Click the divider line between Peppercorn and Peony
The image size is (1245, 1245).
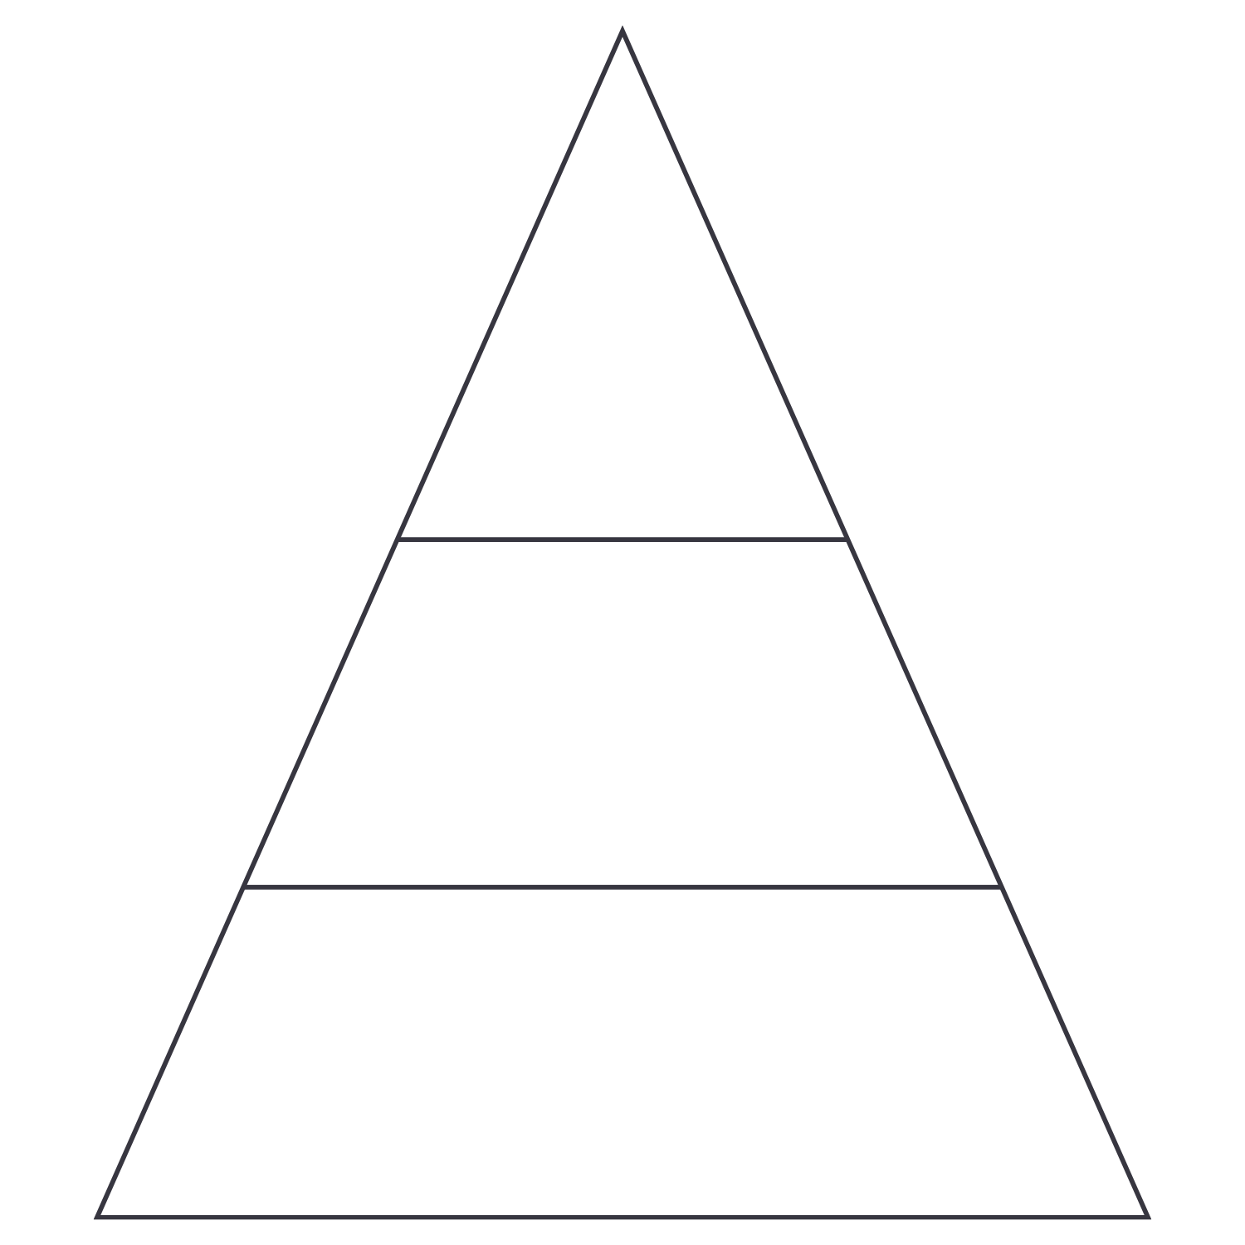point(622,539)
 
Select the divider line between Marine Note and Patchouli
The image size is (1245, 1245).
point(622,886)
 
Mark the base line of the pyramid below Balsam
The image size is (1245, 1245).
point(622,1217)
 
